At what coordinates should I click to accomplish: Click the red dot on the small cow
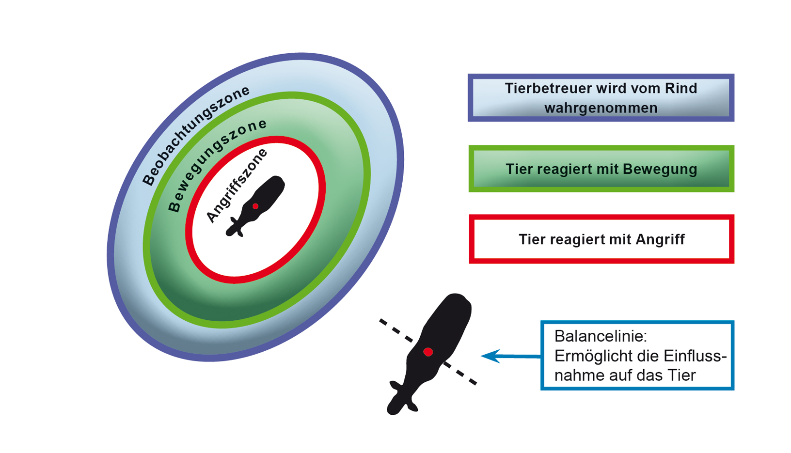tap(255, 206)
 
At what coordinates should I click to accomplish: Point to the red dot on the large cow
tap(428, 352)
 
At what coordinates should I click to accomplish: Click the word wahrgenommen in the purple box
tap(601, 108)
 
